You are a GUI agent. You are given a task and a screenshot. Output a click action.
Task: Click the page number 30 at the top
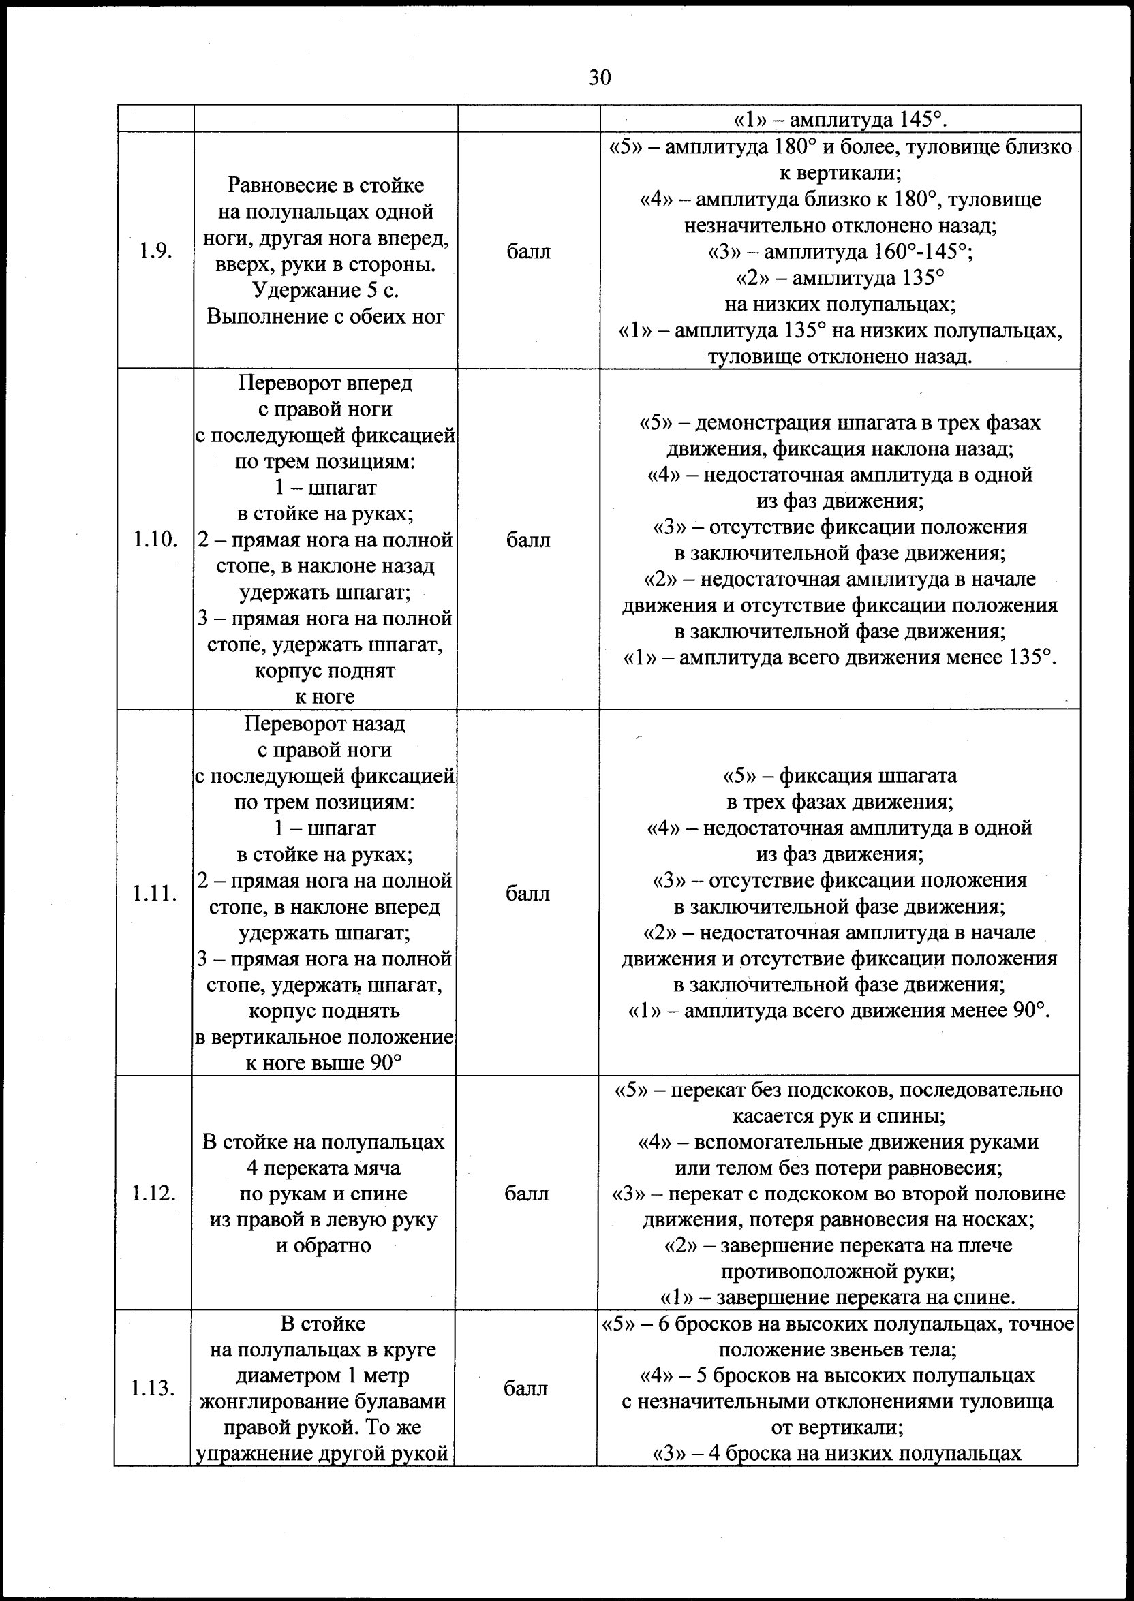point(600,78)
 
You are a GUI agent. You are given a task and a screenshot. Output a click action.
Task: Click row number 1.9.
point(155,251)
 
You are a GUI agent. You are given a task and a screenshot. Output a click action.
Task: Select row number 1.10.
point(155,540)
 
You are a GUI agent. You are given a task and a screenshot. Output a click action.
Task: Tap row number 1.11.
point(155,893)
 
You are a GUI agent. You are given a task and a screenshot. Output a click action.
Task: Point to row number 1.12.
point(153,1194)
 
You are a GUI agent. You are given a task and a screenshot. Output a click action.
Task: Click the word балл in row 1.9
point(529,251)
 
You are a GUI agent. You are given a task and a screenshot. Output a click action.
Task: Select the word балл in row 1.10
point(528,540)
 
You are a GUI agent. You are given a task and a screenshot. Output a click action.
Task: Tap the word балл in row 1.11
point(527,893)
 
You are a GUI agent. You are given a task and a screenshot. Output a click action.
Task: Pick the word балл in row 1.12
point(527,1194)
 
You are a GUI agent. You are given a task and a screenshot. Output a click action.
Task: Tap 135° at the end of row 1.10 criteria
point(1029,658)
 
